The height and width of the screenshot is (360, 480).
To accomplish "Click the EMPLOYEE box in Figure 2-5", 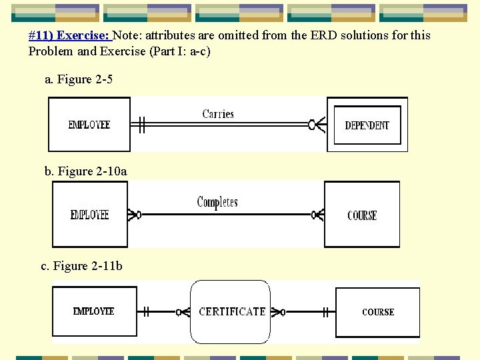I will [89, 125].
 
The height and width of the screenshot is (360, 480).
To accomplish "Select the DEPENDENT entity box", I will [367, 125].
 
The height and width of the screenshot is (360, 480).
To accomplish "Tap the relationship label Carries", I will [218, 114].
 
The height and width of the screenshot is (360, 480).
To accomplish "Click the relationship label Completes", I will [217, 202].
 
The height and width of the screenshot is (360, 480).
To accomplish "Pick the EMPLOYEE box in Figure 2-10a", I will [89, 215].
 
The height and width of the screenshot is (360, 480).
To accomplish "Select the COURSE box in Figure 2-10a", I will [362, 215].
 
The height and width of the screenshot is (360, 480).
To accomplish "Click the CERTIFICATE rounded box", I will [231, 311].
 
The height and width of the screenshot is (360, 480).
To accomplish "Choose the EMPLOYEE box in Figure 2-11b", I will [94, 311].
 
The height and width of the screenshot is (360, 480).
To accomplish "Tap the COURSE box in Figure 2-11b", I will [378, 311].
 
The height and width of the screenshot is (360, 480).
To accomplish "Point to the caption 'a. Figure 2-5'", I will [79, 79].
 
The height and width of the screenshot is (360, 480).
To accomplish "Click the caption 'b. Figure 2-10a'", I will [85, 171].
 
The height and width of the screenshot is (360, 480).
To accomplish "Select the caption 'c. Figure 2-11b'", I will [81, 266].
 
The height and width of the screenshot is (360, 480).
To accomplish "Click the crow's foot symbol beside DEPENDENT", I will [317, 124].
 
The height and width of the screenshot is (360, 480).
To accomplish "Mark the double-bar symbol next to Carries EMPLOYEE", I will [141, 124].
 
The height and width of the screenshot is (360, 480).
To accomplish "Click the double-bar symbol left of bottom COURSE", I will [326, 311].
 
